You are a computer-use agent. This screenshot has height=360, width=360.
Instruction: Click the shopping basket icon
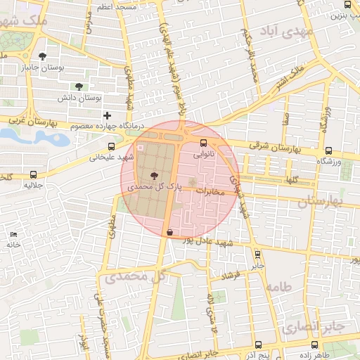[169, 231]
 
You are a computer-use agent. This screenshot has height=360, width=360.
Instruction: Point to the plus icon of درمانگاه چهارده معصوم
[107, 115]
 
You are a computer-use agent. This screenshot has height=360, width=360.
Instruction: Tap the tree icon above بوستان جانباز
[44, 56]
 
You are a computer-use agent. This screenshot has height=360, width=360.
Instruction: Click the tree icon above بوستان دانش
[79, 86]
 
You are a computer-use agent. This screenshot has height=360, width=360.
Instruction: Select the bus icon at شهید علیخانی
[110, 147]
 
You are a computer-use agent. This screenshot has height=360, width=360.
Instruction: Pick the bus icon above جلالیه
[33, 174]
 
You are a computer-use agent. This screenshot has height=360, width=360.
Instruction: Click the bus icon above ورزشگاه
[328, 150]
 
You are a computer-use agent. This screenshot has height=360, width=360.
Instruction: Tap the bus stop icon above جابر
[257, 255]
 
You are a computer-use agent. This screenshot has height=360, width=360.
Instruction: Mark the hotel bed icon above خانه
[13, 233]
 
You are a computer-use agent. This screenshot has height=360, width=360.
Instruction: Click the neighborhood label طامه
[278, 286]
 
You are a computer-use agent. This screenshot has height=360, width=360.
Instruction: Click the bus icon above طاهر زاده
[314, 345]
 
